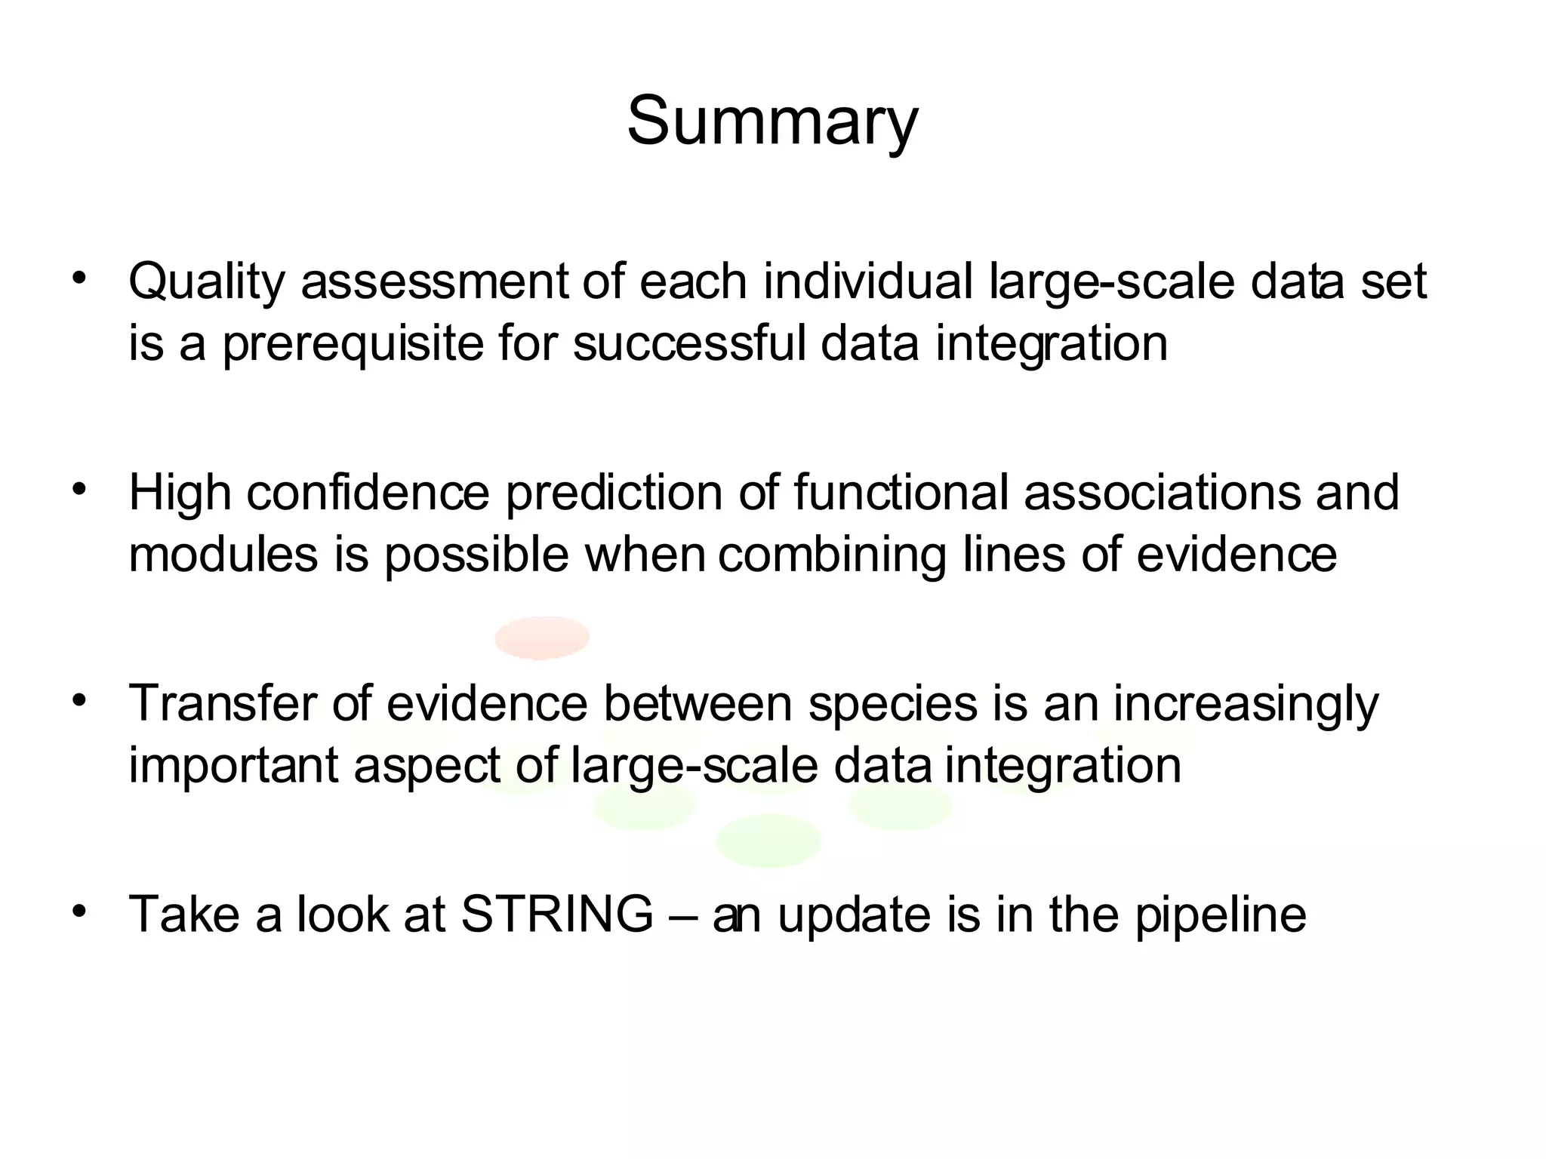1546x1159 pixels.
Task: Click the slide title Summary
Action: pos(772,122)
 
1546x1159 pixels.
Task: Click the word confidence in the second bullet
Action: pos(368,492)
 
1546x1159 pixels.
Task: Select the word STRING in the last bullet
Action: pos(557,915)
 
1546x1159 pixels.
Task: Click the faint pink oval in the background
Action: pos(542,638)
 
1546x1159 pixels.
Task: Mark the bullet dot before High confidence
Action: pos(78,490)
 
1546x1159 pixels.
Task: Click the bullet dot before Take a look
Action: pos(78,912)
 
